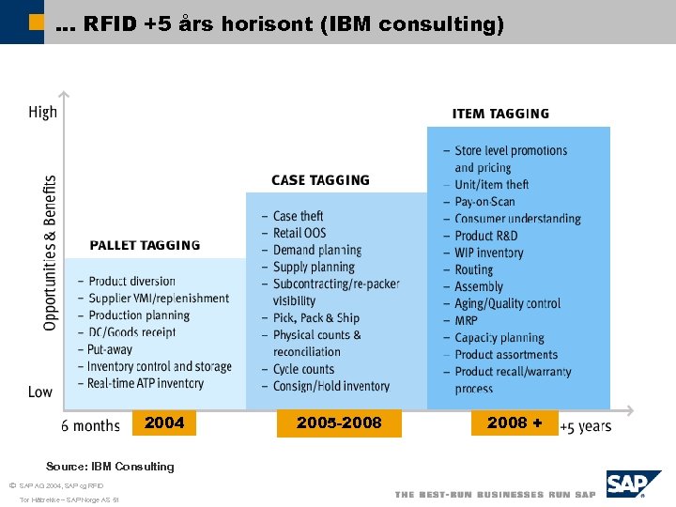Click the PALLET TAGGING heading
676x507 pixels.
click(145, 246)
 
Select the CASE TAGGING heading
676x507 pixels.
click(320, 180)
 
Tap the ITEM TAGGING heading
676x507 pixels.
click(500, 114)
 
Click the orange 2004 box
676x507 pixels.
click(164, 423)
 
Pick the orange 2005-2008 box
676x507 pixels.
click(339, 423)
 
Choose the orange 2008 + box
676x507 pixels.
click(515, 423)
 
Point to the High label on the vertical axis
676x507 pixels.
click(42, 112)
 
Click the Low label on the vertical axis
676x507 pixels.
click(40, 392)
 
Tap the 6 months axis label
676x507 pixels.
click(90, 426)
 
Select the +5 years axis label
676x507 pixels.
click(586, 426)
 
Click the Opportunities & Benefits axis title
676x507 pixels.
click(50, 253)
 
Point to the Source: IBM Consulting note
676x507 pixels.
click(110, 467)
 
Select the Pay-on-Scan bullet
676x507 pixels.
click(484, 201)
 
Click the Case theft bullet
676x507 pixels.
click(298, 216)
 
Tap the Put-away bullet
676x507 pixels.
click(111, 349)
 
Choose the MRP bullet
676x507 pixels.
click(466, 320)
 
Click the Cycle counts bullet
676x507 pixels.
click(303, 369)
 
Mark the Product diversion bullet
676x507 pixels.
click(131, 281)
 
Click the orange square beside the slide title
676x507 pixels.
click(36, 22)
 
